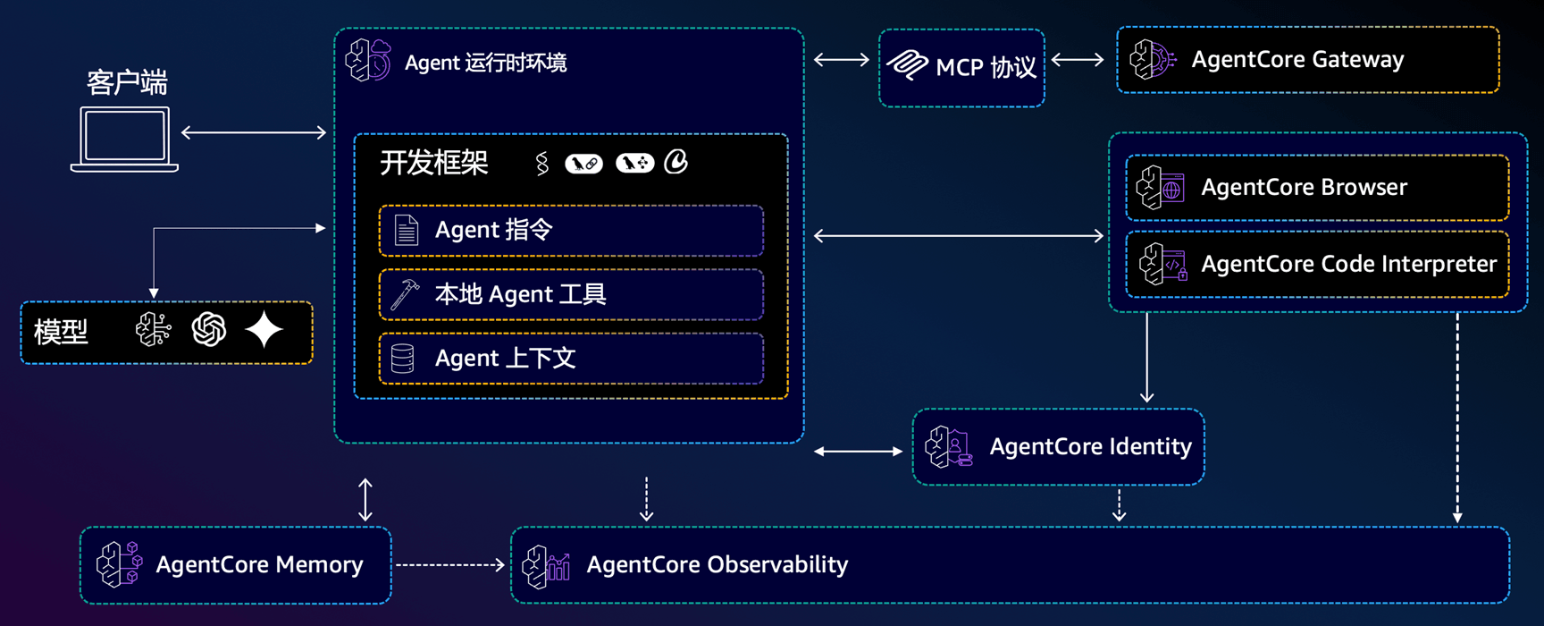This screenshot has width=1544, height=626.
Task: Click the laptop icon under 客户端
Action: pyautogui.click(x=124, y=139)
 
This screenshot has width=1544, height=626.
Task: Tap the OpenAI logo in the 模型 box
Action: pyautogui.click(x=209, y=330)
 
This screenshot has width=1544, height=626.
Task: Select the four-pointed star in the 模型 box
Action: pyautogui.click(x=264, y=330)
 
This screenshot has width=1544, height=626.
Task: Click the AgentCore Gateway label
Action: pyautogui.click(x=1297, y=60)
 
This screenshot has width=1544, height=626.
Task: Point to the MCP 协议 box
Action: pyautogui.click(x=961, y=68)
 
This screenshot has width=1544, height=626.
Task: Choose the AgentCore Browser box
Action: pyautogui.click(x=1317, y=188)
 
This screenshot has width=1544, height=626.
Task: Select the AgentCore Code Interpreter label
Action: pyautogui.click(x=1348, y=264)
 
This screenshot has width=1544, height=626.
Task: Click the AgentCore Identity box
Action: pyautogui.click(x=1058, y=447)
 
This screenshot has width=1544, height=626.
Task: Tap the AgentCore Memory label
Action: pyautogui.click(x=259, y=565)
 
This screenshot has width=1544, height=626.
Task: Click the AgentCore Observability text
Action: pyautogui.click(x=717, y=565)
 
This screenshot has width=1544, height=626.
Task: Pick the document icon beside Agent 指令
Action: pyautogui.click(x=407, y=231)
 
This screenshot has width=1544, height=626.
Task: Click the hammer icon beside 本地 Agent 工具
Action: pyautogui.click(x=405, y=294)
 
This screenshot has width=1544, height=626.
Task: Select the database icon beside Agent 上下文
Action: pyautogui.click(x=403, y=359)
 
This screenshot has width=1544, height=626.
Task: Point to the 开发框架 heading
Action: pyautogui.click(x=434, y=163)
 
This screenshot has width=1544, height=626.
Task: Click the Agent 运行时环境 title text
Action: pyautogui.click(x=485, y=63)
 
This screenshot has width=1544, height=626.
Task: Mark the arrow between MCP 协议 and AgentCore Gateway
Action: pyautogui.click(x=1078, y=60)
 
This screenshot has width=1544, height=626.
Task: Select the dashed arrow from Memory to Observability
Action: pyautogui.click(x=450, y=564)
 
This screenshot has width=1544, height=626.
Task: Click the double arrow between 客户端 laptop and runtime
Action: pyautogui.click(x=254, y=132)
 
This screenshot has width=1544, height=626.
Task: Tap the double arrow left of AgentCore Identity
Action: pyautogui.click(x=858, y=452)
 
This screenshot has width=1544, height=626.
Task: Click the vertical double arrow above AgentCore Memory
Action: pyautogui.click(x=365, y=499)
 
